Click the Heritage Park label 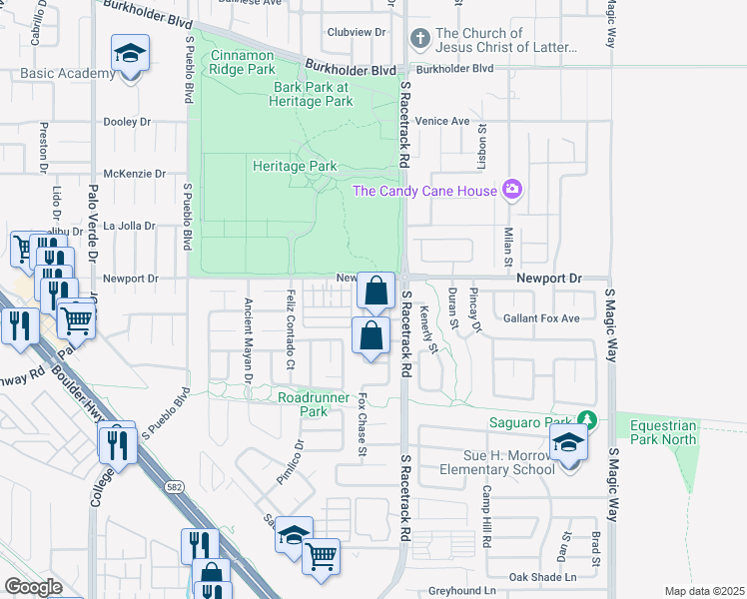point(295,166)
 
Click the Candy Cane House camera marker point(512,189)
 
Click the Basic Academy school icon point(129,53)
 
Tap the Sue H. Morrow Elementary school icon point(569,442)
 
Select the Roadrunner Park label point(314,404)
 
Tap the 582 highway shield point(173,484)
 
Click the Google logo point(33,587)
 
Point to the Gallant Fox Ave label point(541,318)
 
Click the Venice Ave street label point(443,121)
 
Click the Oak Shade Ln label point(543,577)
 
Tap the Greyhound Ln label point(462,591)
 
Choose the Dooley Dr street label point(127,122)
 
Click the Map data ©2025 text point(704,591)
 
